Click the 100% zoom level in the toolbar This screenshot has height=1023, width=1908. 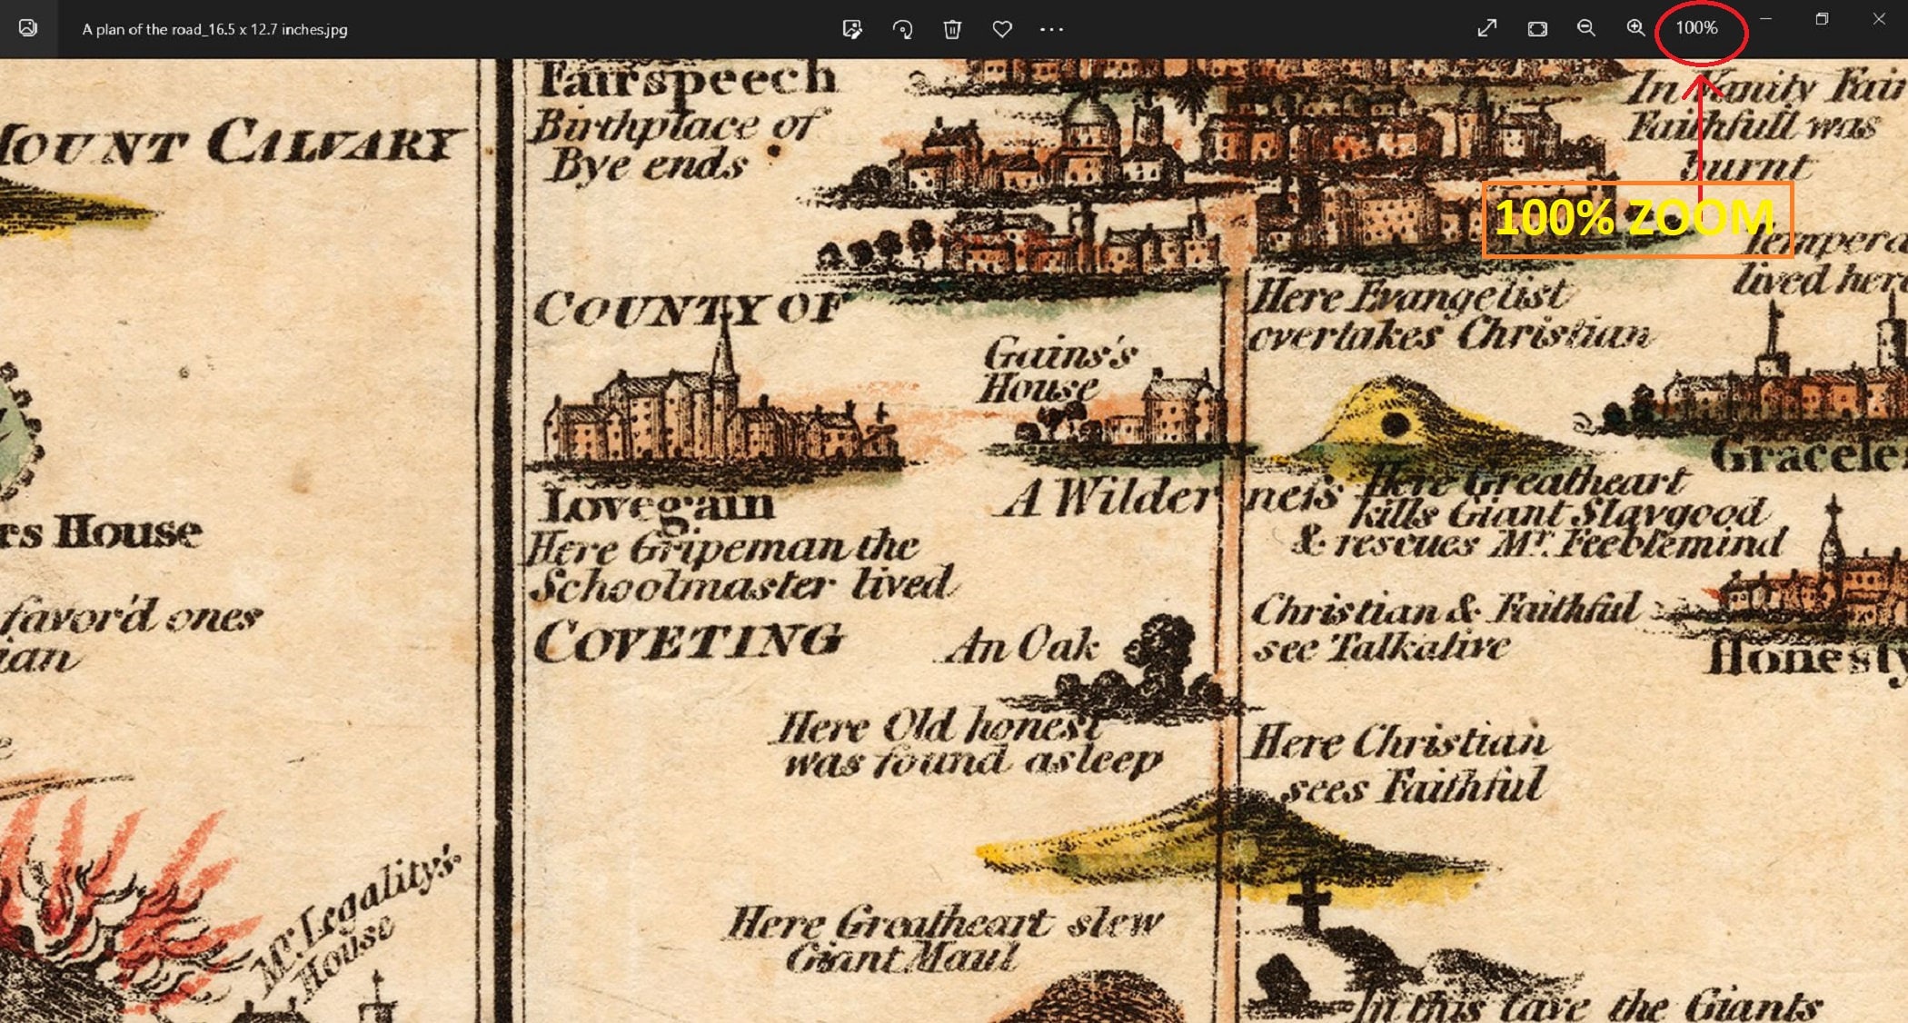click(x=1696, y=28)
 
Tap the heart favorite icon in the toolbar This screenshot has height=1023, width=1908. click(x=1001, y=29)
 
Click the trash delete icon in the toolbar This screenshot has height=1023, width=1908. click(x=951, y=29)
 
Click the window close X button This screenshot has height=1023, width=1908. click(x=1878, y=19)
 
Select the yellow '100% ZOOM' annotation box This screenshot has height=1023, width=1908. click(x=1635, y=219)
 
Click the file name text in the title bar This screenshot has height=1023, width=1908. click(x=214, y=29)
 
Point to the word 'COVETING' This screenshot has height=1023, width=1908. click(x=686, y=642)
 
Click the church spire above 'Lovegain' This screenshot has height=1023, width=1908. click(x=724, y=350)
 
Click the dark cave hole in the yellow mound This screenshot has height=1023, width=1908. click(x=1394, y=424)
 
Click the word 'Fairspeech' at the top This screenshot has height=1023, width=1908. click(x=686, y=80)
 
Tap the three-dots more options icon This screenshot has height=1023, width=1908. click(x=1051, y=29)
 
